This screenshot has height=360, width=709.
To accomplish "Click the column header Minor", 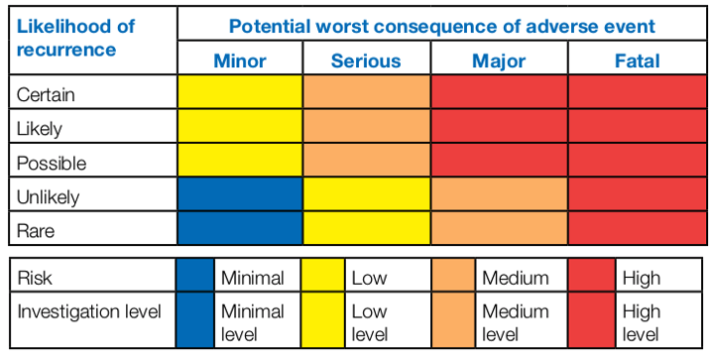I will coord(240,61).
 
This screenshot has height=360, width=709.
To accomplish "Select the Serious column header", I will coord(366,61).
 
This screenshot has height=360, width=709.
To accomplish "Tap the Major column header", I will coord(499,61).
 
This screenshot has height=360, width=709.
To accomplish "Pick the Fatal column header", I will coord(636,61).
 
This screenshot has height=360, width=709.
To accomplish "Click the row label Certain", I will coord(47,95).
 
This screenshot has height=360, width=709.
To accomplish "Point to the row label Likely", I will coord(40,128).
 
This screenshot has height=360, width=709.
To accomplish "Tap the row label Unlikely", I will coord(49,196).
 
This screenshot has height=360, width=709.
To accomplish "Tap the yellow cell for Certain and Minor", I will coord(240,94).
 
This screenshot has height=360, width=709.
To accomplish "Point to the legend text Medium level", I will coord(515,323).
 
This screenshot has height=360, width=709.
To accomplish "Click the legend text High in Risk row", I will coord(641,279).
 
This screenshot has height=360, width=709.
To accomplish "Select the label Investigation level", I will coord(89,312).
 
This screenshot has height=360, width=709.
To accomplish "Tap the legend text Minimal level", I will coord(252,323).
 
